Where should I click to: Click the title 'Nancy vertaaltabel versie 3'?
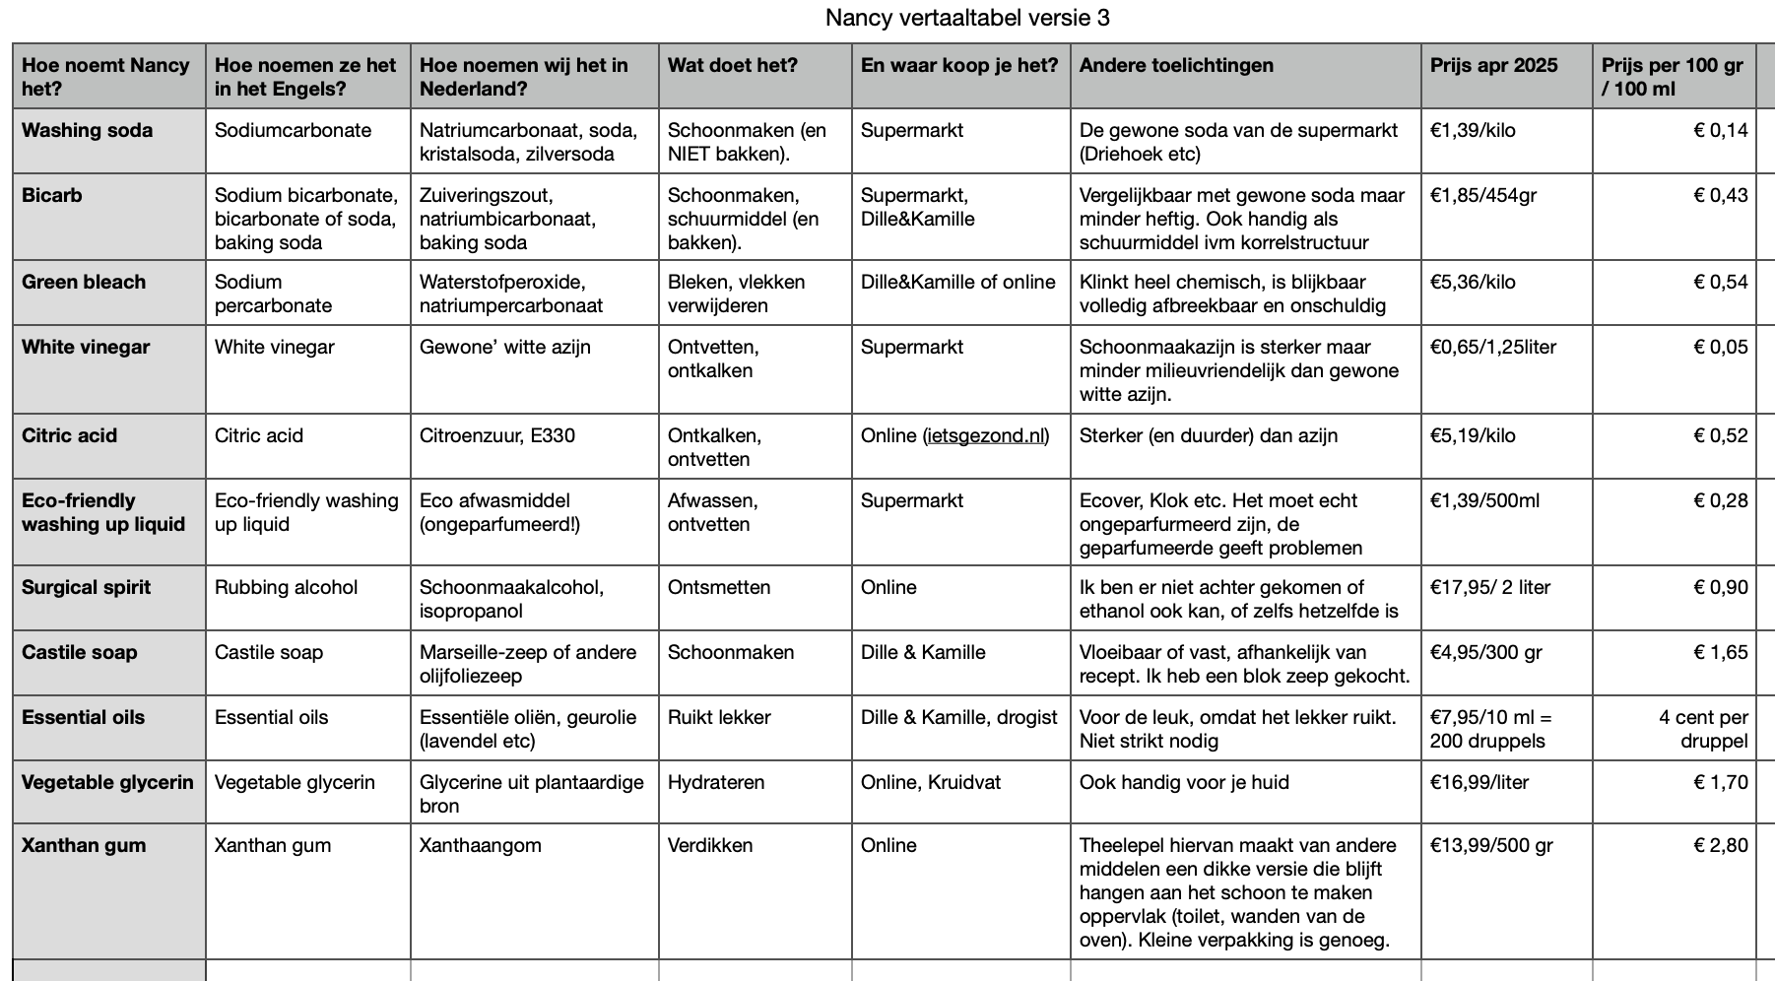[x=967, y=18]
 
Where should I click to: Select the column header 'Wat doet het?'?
[x=732, y=65]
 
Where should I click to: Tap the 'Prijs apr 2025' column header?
[x=1493, y=65]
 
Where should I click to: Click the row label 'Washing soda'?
[x=87, y=130]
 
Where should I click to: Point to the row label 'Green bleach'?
[x=84, y=282]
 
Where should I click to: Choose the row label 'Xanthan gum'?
[x=84, y=845]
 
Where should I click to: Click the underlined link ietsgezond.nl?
[x=986, y=435]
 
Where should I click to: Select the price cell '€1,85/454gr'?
[x=1483, y=195]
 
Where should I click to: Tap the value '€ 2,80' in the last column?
[x=1720, y=845]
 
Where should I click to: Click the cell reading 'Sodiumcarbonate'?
[x=293, y=130]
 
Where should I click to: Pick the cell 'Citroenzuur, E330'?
[x=496, y=435]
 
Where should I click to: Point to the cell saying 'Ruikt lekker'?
[x=719, y=717]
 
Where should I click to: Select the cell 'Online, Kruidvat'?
[x=930, y=782]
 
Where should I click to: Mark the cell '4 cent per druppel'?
[x=1703, y=729]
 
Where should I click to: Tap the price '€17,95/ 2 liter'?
[x=1489, y=587]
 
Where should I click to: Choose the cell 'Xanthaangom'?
[x=480, y=845]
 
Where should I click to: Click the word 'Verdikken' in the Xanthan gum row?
[x=709, y=845]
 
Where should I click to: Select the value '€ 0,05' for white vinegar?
[x=1720, y=347]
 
